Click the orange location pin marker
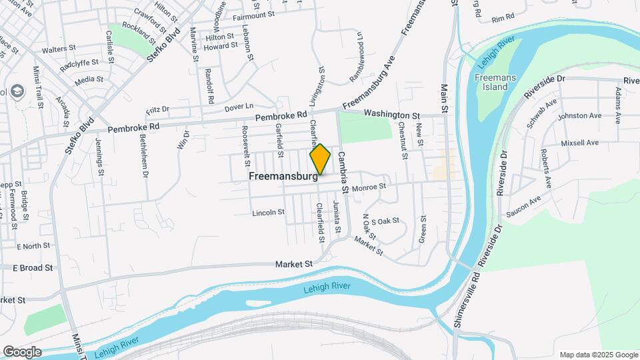320,159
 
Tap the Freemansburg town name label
283,177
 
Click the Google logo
22,351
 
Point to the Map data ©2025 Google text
598,355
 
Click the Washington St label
392,115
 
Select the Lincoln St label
268,213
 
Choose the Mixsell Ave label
580,143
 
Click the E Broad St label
33,268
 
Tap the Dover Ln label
239,107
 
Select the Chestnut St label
403,140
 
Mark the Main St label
444,98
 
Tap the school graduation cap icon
17,92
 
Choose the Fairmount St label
253,14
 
